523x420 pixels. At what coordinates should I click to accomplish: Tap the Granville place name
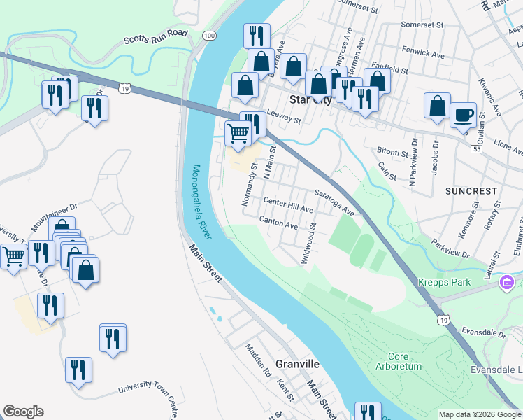point(297,365)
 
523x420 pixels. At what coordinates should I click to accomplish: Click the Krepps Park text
point(444,283)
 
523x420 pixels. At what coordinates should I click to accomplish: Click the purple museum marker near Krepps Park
point(506,283)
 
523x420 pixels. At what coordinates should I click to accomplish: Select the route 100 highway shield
point(209,34)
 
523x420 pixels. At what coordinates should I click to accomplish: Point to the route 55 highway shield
point(477,150)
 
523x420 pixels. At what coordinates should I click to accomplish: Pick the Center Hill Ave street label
point(288,205)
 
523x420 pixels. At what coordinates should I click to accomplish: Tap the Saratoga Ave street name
point(334,202)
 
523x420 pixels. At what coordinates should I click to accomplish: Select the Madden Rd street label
point(257,360)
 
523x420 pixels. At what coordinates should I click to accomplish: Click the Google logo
point(23,412)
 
